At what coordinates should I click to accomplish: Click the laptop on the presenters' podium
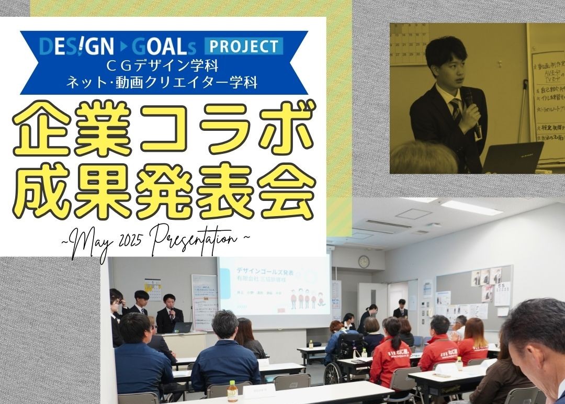(x=183, y=328)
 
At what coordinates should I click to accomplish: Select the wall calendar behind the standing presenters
(x=153, y=289)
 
